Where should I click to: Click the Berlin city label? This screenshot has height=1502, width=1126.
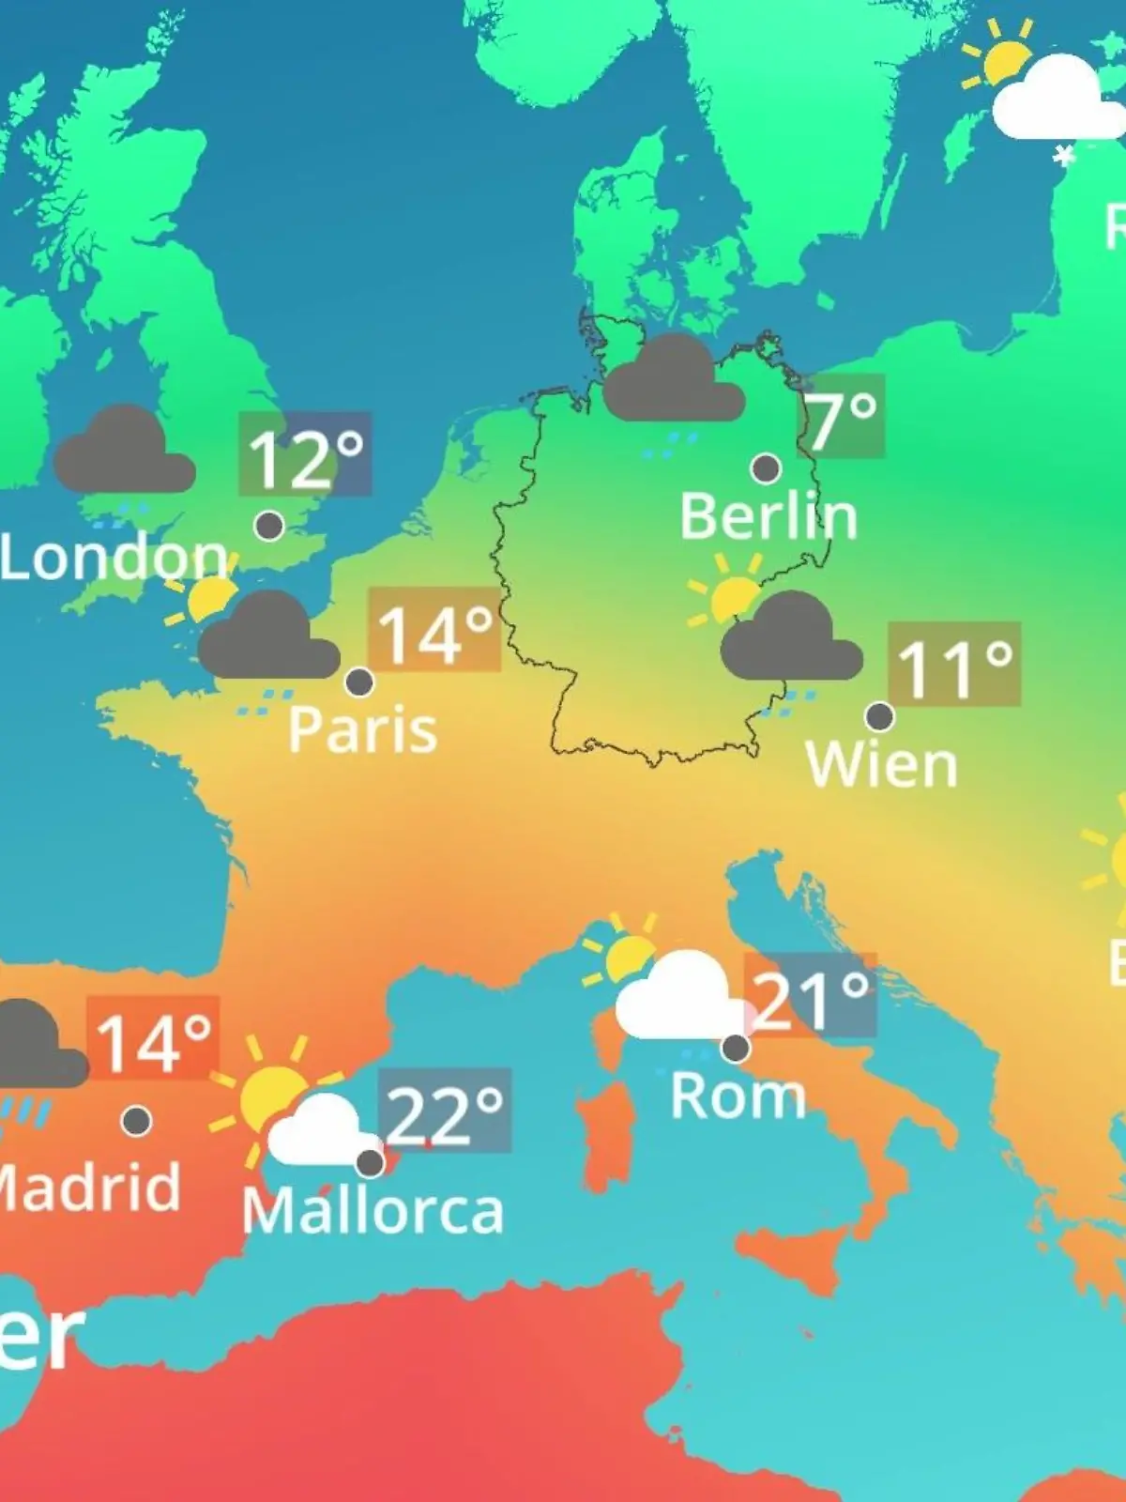tap(768, 516)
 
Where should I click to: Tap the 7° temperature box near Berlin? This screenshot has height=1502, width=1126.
tap(842, 416)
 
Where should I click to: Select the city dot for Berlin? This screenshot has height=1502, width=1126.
tap(766, 467)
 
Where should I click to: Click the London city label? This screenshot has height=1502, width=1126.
tap(114, 557)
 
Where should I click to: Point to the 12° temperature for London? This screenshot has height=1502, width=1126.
tap(305, 454)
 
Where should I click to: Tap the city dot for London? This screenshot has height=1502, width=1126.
tap(269, 526)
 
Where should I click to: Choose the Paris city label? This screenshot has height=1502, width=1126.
tap(362, 729)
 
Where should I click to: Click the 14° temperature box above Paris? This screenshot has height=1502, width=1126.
tap(434, 630)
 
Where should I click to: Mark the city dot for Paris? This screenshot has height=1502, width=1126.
tap(359, 682)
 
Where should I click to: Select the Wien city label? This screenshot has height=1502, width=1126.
tap(881, 765)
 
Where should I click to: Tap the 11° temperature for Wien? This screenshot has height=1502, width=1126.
tap(954, 664)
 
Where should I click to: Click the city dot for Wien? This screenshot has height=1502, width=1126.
tap(879, 716)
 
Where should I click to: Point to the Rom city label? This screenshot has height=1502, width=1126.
tap(738, 1096)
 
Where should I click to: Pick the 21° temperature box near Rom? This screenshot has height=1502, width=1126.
tap(811, 995)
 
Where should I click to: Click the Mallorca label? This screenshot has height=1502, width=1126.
tap(373, 1211)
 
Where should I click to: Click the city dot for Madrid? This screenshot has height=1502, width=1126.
tap(137, 1120)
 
